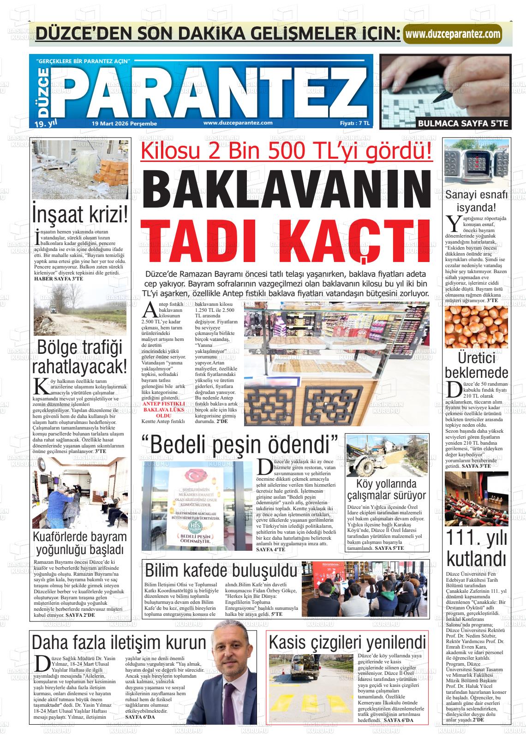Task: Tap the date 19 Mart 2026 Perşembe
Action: tap(125, 124)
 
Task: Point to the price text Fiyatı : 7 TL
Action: tap(354, 123)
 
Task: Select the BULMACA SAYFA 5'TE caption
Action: tap(462, 124)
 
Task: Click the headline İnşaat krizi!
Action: tap(80, 214)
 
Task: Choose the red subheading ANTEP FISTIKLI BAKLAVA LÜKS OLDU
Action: tap(164, 409)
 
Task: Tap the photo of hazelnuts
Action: tap(476, 328)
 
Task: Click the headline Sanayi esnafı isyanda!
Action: tap(476, 201)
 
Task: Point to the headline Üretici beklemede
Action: tap(476, 365)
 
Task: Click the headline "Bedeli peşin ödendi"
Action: tap(240, 443)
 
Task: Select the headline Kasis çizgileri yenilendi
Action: tap(347, 642)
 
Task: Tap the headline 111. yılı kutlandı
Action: tap(476, 548)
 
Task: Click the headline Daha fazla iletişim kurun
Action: tap(119, 642)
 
